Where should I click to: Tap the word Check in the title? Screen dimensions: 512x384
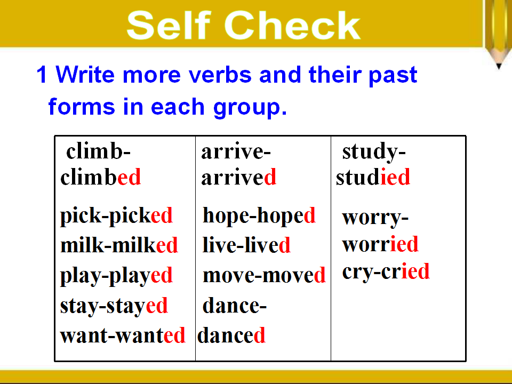292,25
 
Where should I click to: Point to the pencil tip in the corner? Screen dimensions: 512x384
499,66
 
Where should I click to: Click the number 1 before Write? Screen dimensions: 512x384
42,75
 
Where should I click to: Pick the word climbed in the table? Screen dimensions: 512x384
100,177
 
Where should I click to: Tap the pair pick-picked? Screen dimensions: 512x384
116,216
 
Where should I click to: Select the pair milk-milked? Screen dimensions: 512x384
119,245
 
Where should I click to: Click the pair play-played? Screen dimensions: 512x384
116,276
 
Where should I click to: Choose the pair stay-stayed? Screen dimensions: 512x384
114,306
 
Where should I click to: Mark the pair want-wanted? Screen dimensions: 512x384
123,335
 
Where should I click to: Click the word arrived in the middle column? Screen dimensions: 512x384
239,177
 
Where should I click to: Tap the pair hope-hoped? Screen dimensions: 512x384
259,216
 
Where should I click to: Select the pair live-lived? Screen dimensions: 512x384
246,245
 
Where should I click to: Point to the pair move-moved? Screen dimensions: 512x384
264,275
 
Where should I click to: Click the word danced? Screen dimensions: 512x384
231,335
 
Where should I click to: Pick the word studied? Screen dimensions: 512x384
373,177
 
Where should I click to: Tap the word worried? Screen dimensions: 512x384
380,244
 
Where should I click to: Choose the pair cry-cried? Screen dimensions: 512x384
386,272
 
